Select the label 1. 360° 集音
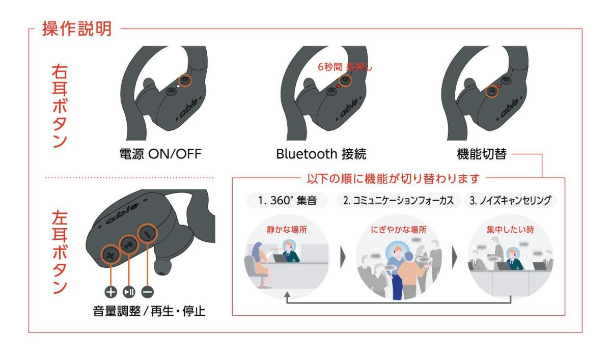click(x=288, y=200)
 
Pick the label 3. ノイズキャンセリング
click(x=510, y=200)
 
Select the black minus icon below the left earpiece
click(x=147, y=292)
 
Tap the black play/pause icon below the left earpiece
click(x=129, y=292)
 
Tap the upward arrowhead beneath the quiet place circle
click(x=288, y=295)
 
